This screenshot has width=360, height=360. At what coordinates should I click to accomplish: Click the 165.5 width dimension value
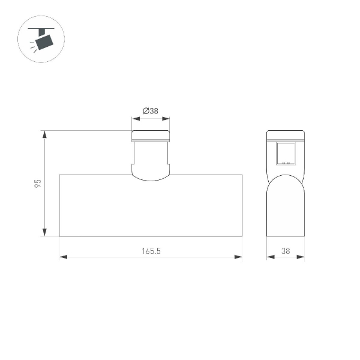point(151,251)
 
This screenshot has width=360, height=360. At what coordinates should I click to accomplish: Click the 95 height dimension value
point(37,183)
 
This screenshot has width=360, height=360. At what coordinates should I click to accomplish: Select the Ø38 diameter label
point(151,111)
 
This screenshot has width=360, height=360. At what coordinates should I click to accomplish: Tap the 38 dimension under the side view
point(286,251)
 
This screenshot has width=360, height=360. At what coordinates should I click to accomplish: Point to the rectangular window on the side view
point(286,153)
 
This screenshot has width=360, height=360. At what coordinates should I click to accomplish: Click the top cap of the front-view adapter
point(151,136)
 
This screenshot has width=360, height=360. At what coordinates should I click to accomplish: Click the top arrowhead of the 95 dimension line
point(44,134)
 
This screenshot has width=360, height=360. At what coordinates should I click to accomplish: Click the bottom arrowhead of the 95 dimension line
point(44,233)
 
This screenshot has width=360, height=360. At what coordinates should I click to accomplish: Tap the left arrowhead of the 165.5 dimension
point(62,257)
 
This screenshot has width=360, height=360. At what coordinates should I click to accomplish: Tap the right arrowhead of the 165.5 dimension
point(239,257)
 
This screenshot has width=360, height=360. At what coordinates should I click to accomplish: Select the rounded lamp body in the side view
point(286,207)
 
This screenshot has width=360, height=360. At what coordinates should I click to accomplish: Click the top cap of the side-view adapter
point(286,136)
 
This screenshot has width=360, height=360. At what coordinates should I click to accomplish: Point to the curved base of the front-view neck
point(151,176)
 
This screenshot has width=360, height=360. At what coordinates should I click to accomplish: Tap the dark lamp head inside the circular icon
point(44,41)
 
